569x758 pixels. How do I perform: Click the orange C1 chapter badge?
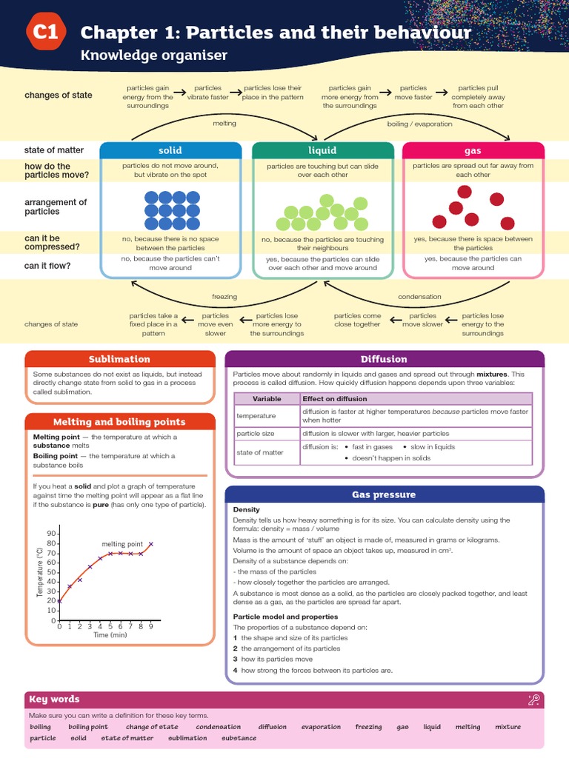(46, 33)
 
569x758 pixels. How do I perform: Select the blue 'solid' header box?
(170, 151)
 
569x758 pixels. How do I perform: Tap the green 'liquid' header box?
(322, 151)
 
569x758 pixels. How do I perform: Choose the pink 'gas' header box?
(473, 151)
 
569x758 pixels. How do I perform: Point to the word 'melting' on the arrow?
(224, 124)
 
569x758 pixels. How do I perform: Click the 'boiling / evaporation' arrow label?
(419, 124)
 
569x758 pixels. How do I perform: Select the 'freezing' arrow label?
(224, 297)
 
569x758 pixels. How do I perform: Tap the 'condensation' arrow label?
(419, 297)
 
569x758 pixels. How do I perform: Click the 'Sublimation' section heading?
(119, 359)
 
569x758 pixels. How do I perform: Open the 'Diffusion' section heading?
(384, 359)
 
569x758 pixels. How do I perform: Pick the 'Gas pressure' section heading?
(384, 494)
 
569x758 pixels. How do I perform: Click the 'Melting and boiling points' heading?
(119, 422)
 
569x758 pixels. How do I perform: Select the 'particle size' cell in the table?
(256, 434)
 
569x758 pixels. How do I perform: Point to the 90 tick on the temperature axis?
(51, 533)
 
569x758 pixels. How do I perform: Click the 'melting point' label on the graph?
(122, 544)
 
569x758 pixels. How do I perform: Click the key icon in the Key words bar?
(533, 700)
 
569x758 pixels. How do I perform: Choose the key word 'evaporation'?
(321, 727)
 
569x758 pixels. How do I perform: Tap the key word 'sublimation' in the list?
(188, 738)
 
